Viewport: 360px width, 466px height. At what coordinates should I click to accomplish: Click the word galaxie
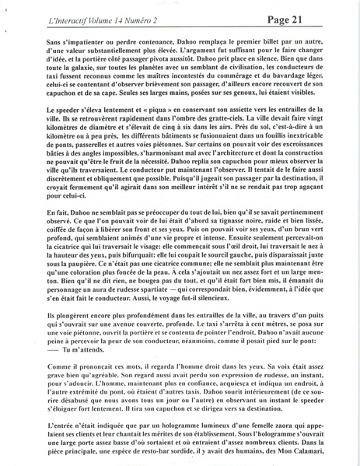tap(73, 67)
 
